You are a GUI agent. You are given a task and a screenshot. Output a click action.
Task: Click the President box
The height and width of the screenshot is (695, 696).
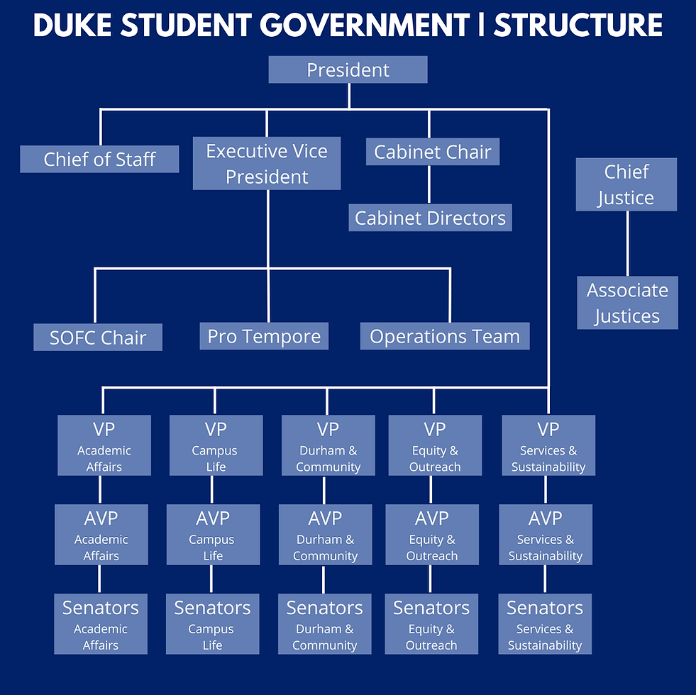348,70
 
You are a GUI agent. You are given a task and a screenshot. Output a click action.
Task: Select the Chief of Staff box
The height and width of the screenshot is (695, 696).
99,159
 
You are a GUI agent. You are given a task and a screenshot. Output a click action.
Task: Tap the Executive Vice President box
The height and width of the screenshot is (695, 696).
267,164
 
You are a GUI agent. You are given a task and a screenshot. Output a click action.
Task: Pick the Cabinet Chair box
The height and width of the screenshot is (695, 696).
432,152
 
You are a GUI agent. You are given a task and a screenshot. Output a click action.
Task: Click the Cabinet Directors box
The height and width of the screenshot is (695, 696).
430,218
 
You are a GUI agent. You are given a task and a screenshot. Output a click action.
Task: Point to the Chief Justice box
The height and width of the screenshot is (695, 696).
626,184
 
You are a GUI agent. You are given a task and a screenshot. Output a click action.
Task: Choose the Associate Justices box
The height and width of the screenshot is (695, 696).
627,303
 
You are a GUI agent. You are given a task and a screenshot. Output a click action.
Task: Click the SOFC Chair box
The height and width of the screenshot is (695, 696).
98,338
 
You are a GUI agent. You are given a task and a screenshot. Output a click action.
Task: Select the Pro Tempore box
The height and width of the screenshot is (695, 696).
264,336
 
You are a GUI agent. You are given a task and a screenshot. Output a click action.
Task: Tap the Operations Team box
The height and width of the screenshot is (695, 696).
445,336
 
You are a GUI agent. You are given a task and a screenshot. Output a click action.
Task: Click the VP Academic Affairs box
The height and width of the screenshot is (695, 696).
104,445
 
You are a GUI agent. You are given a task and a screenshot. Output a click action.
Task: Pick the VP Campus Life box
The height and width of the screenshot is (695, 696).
216,445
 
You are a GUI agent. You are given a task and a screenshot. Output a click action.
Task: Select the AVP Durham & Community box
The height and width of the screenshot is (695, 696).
325,535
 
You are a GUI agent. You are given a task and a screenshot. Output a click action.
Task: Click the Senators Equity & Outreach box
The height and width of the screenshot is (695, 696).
431,624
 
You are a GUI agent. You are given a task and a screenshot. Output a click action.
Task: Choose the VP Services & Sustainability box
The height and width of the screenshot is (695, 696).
548,445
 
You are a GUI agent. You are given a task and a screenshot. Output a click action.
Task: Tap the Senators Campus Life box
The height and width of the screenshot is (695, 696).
212,624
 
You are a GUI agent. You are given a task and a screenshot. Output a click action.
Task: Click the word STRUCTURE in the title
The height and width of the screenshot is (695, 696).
578,26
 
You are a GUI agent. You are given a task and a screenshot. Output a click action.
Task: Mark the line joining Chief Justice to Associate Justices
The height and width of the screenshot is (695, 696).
627,243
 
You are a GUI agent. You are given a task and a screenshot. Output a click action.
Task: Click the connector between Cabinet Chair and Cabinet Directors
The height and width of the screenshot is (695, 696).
429,184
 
